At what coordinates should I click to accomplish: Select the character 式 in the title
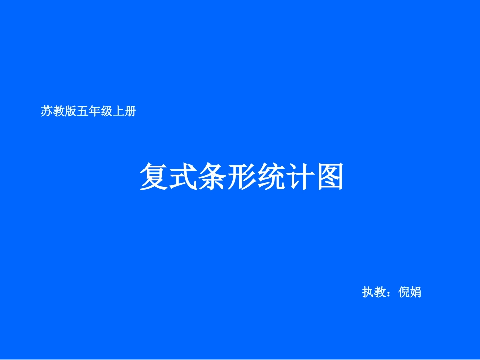tap(182, 177)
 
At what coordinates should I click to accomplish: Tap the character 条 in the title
tap(212, 177)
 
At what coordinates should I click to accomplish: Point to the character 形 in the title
tap(241, 177)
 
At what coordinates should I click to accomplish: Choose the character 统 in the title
tap(270, 177)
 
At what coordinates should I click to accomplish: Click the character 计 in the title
tap(300, 177)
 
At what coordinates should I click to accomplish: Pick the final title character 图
tap(329, 177)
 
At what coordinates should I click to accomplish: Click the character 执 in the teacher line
tap(368, 292)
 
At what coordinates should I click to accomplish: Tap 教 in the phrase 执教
tap(380, 292)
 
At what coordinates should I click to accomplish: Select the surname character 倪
tap(404, 292)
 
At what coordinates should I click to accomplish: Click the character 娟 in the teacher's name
tap(416, 292)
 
